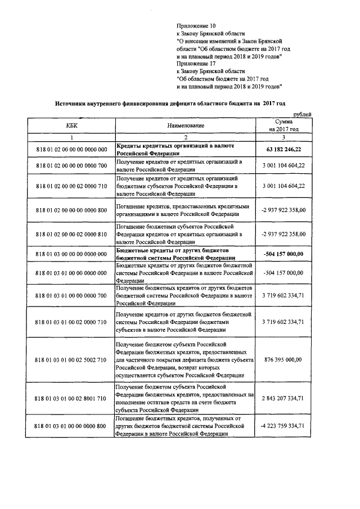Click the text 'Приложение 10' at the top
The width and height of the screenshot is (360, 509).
click(x=196, y=26)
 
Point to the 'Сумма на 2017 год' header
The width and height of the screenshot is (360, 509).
click(x=283, y=125)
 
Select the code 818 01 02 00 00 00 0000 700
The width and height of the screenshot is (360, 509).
click(x=71, y=166)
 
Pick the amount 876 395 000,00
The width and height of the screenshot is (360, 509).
click(x=283, y=360)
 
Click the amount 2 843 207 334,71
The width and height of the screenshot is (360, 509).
click(x=283, y=399)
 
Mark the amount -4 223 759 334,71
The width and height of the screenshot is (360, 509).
click(x=283, y=426)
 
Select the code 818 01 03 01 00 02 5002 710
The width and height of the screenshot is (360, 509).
click(x=71, y=360)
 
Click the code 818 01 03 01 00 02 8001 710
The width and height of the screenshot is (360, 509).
click(x=71, y=399)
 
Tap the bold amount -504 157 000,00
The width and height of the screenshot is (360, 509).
click(x=283, y=254)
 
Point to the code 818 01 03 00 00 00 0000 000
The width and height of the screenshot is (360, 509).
click(x=71, y=254)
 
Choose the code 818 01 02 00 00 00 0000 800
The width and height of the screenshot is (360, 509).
click(x=71, y=210)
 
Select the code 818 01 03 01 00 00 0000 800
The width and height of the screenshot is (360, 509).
click(x=71, y=426)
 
